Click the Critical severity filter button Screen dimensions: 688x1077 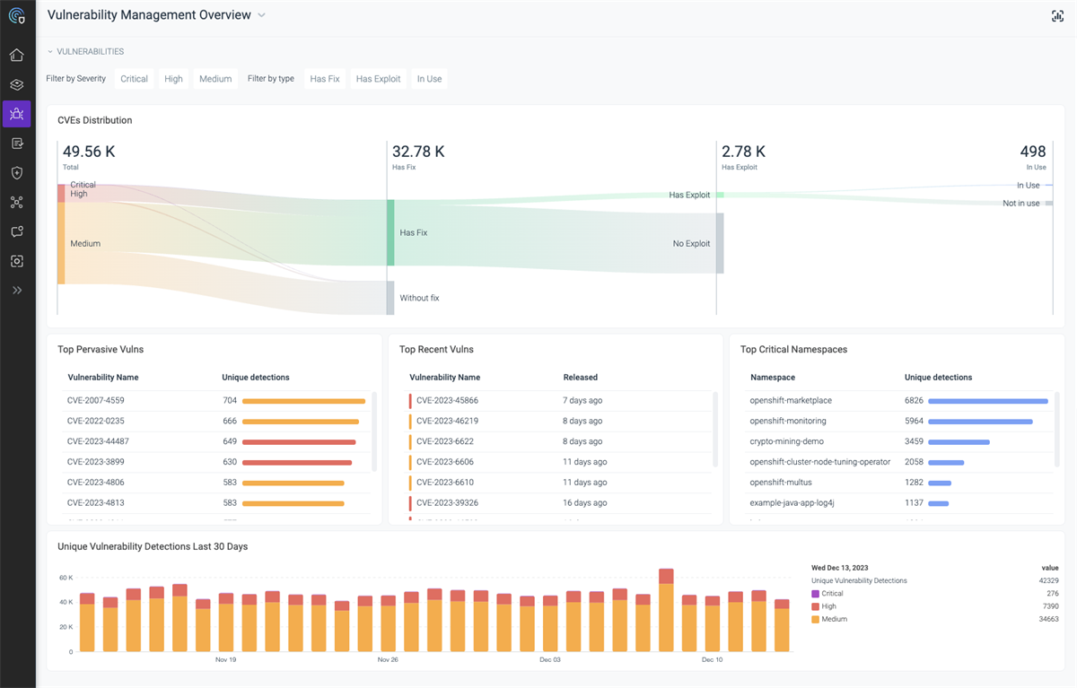[134, 79]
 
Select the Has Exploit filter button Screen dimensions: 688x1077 [378, 79]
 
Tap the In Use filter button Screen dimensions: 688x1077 [429, 79]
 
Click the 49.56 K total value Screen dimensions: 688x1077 [89, 152]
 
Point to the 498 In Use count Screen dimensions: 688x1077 [1033, 152]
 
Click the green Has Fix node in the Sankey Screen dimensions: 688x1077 [390, 232]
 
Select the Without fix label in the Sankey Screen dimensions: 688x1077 [419, 298]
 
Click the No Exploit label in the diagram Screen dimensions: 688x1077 [691, 243]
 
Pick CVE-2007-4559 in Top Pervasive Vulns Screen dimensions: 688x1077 [96, 401]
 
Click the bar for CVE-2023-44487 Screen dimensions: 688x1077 [299, 442]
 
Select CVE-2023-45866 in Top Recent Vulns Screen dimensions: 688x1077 [447, 401]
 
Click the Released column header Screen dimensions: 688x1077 [580, 378]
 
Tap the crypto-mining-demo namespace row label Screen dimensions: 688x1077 [786, 442]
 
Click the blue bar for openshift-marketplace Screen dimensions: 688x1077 [987, 401]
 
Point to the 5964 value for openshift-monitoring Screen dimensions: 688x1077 [914, 422]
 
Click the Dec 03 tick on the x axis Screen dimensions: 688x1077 [550, 660]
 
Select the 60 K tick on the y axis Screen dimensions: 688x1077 [66, 578]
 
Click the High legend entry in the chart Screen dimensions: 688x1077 [828, 606]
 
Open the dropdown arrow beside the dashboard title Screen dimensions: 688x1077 [261, 15]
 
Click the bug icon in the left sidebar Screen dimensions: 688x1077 [16, 114]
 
